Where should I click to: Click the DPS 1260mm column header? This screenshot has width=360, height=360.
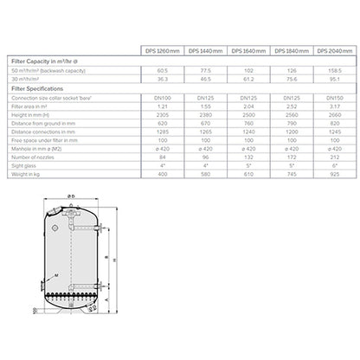point(166,51)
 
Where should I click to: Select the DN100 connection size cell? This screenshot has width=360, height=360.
point(166,100)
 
